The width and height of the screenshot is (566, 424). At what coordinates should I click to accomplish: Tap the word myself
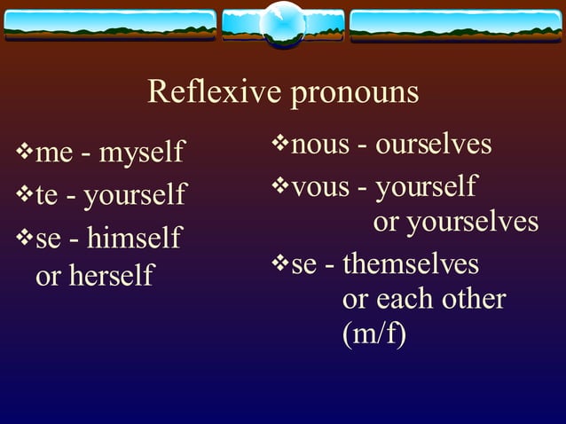tap(142, 153)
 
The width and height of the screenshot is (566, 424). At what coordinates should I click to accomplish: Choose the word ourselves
tap(434, 144)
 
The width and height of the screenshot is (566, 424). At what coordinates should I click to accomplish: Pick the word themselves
tap(411, 263)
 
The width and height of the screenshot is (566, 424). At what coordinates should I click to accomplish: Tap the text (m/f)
tap(373, 336)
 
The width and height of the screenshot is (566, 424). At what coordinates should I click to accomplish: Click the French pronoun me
tap(54, 154)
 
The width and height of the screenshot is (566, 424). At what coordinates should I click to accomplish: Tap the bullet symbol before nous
tap(279, 142)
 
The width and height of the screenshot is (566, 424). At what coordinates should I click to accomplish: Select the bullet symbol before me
tap(24, 152)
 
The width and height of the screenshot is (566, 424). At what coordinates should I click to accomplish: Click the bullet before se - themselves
tap(279, 263)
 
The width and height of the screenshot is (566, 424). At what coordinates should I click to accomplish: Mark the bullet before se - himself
tap(24, 237)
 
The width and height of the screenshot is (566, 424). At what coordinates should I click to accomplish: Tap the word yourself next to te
tap(135, 195)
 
